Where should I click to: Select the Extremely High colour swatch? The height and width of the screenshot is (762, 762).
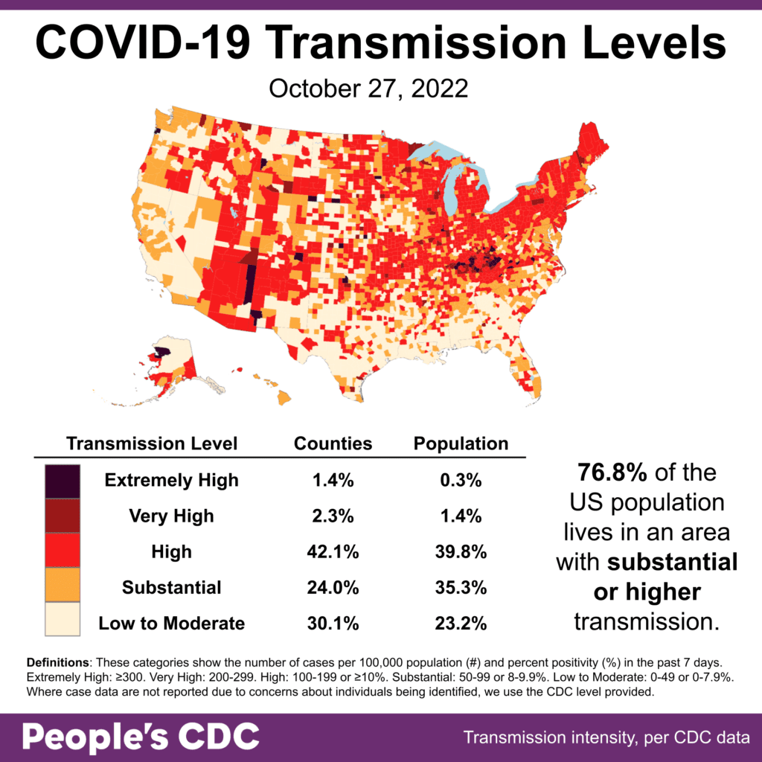coord(62,480)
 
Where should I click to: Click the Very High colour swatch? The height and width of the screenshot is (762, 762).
coord(62,516)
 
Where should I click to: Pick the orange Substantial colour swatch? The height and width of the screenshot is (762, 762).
coord(62,587)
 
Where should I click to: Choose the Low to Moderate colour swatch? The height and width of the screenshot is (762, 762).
coord(62,622)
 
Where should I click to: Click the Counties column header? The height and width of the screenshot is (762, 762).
coord(333,444)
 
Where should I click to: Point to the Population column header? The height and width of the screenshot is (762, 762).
coord(461,444)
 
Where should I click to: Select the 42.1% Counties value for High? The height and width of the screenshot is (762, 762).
coord(333,551)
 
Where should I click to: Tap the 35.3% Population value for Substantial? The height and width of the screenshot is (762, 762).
coord(461,587)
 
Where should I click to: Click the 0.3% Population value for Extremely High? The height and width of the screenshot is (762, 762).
coord(461,480)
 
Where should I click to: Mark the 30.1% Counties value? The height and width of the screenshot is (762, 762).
coord(333,623)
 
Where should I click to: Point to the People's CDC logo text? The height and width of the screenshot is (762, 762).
coord(141,737)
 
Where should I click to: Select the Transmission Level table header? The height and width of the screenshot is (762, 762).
coord(152,444)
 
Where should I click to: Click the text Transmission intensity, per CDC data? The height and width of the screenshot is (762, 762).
coord(606,738)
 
